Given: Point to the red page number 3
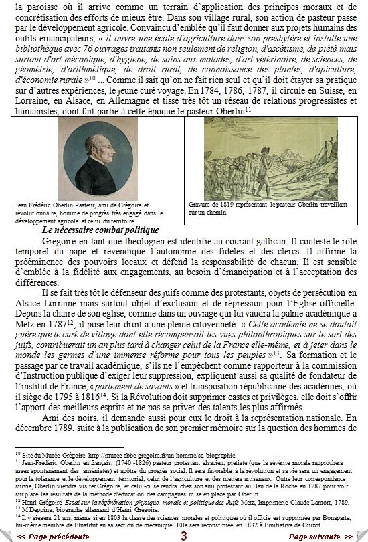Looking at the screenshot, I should click(x=183, y=536).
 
